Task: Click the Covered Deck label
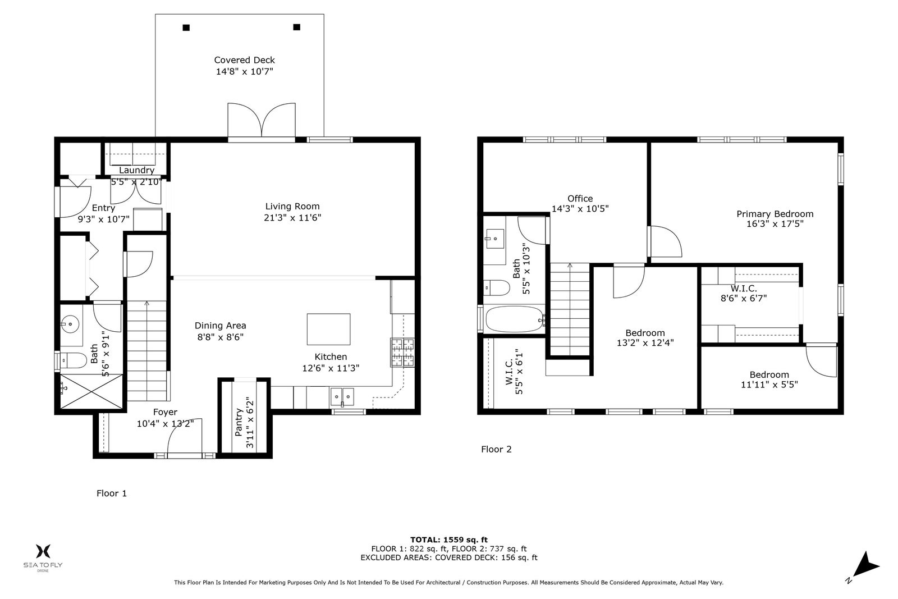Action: click(244, 60)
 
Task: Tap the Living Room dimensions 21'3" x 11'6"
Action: click(292, 218)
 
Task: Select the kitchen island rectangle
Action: click(328, 329)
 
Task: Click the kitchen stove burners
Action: click(402, 353)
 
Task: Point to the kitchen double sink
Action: click(342, 396)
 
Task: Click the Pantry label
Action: click(239, 422)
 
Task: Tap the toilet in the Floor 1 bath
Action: click(72, 360)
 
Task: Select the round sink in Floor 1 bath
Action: click(70, 323)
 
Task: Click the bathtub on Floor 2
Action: click(515, 319)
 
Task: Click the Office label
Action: click(580, 199)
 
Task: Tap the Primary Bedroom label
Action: click(775, 214)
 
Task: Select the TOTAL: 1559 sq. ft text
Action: click(449, 539)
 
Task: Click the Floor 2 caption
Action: click(496, 449)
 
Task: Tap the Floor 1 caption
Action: click(112, 493)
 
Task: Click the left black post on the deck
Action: click(186, 28)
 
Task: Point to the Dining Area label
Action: click(220, 326)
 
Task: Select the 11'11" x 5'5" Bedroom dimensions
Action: click(769, 385)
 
